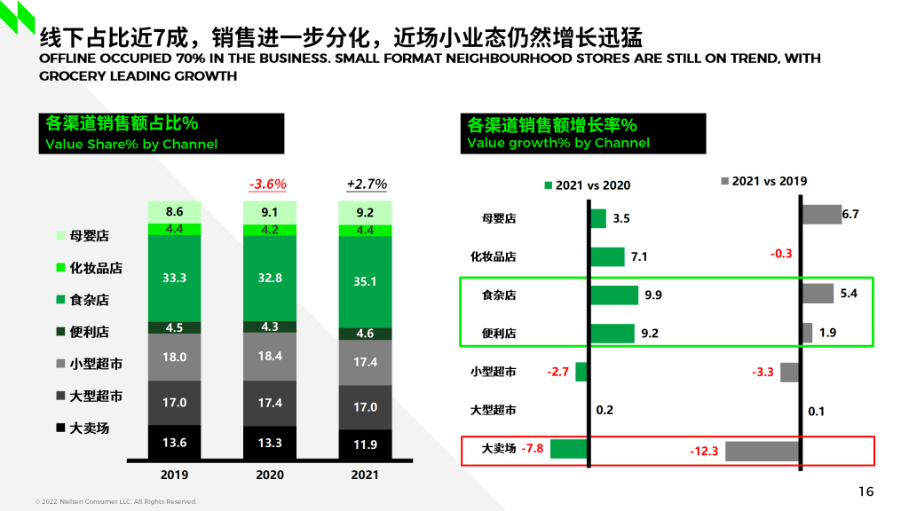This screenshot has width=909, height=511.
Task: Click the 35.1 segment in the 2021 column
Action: click(365, 281)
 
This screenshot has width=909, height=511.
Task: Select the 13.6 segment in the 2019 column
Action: click(174, 442)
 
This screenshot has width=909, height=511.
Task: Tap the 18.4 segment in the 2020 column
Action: click(270, 356)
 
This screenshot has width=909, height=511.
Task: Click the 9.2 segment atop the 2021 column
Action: click(365, 212)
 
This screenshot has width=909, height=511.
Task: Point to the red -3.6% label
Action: click(267, 184)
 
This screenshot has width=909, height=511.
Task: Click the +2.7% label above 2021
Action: click(367, 184)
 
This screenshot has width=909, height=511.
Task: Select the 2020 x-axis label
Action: click(270, 475)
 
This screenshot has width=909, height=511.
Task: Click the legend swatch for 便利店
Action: click(60, 332)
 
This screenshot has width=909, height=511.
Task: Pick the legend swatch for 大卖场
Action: click(60, 428)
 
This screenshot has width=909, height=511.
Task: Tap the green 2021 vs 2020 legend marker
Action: click(548, 185)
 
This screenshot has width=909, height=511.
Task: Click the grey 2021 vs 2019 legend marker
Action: click(724, 181)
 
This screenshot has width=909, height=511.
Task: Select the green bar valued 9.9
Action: click(613, 295)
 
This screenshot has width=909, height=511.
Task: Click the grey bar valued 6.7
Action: click(821, 214)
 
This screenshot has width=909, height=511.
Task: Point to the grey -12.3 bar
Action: click(762, 451)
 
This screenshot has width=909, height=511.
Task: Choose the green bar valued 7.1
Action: click(607, 256)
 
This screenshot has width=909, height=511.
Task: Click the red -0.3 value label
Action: click(780, 254)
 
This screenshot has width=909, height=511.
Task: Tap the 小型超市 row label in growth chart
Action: click(494, 372)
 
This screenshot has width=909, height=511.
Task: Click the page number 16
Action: click(866, 491)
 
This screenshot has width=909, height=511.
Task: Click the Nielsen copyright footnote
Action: click(115, 501)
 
